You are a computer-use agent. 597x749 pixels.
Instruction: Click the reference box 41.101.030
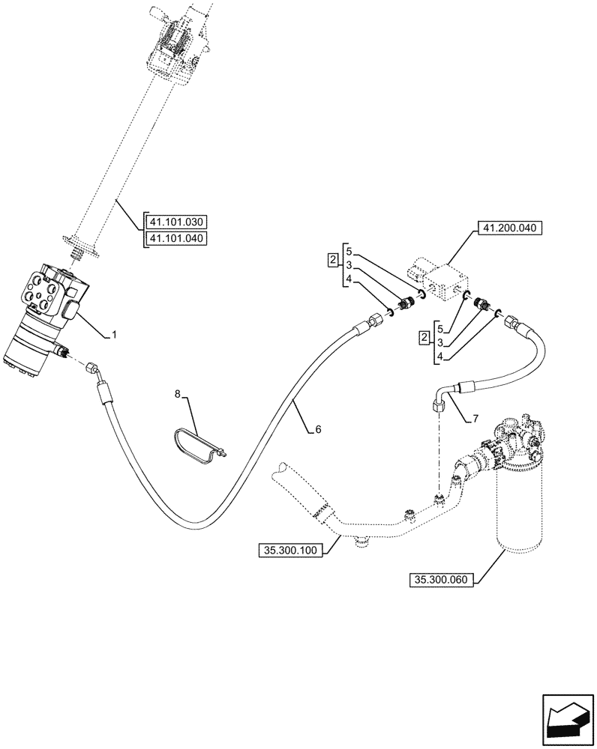tap(177, 222)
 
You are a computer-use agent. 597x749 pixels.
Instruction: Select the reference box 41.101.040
tap(177, 239)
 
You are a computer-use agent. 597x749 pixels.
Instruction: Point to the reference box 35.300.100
tap(289, 551)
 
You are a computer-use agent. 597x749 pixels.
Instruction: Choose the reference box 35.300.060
tap(442, 578)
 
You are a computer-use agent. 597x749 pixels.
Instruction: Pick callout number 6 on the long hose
tap(317, 429)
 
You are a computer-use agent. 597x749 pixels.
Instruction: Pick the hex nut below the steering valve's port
tap(92, 369)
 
